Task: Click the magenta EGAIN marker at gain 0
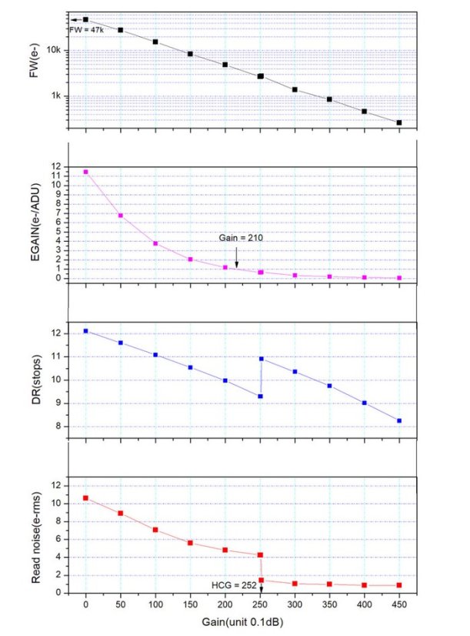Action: click(x=85, y=172)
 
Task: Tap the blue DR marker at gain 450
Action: click(x=398, y=420)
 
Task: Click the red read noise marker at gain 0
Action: click(x=85, y=498)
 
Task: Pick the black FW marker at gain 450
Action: click(x=398, y=122)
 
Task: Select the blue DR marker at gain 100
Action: click(x=155, y=355)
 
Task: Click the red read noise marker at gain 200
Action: click(x=225, y=550)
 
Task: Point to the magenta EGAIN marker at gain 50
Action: click(x=121, y=216)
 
